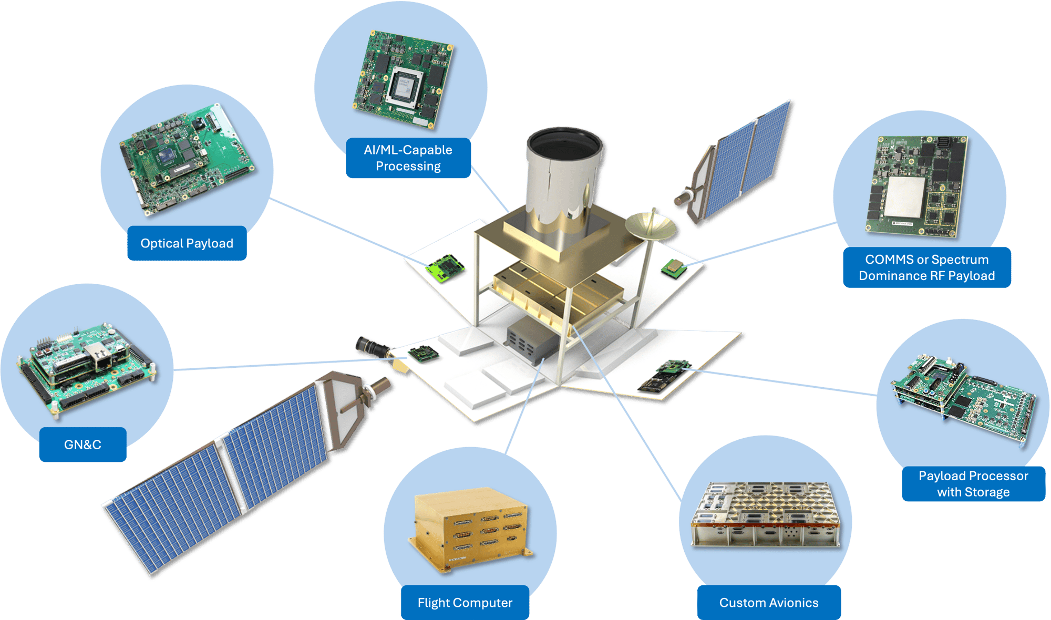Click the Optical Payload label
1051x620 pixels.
(187, 243)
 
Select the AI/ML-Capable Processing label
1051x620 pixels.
(408, 158)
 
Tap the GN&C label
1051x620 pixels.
(83, 445)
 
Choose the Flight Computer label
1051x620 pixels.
(465, 603)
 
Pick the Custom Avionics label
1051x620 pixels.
(768, 603)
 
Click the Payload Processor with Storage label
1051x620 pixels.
(973, 484)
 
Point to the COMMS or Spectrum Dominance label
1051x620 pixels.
(926, 267)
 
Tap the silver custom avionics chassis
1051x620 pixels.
(766, 515)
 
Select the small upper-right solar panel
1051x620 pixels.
(741, 163)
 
